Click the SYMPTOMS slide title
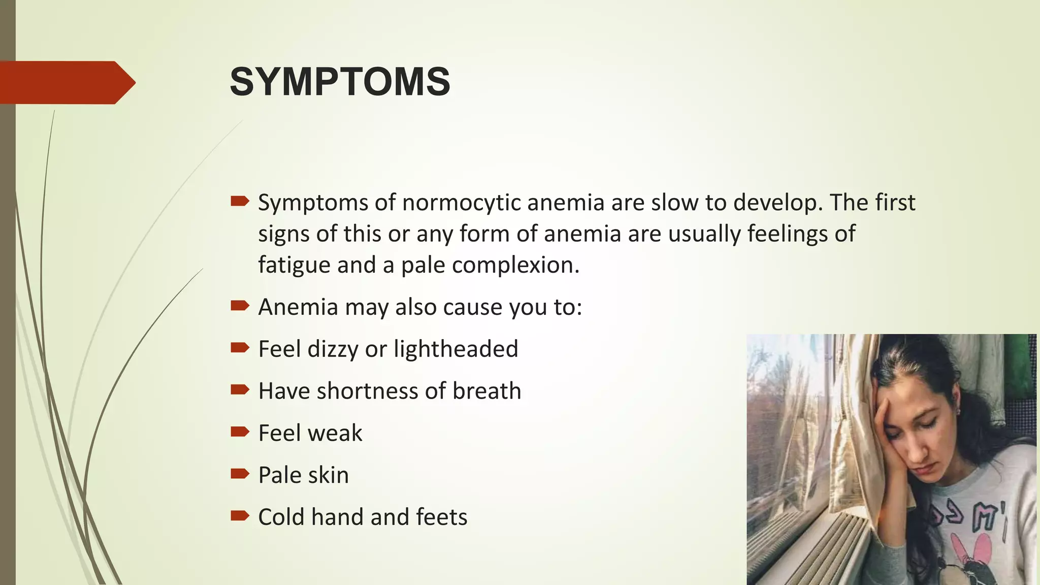[x=340, y=82]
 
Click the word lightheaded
[x=456, y=349]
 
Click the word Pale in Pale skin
[x=277, y=475]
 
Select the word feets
[x=441, y=517]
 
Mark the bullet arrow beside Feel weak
[x=240, y=432]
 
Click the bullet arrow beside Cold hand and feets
[x=240, y=516]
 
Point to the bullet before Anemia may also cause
[x=240, y=306]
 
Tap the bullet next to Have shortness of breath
[x=240, y=389]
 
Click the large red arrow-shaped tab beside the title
[x=66, y=82]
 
